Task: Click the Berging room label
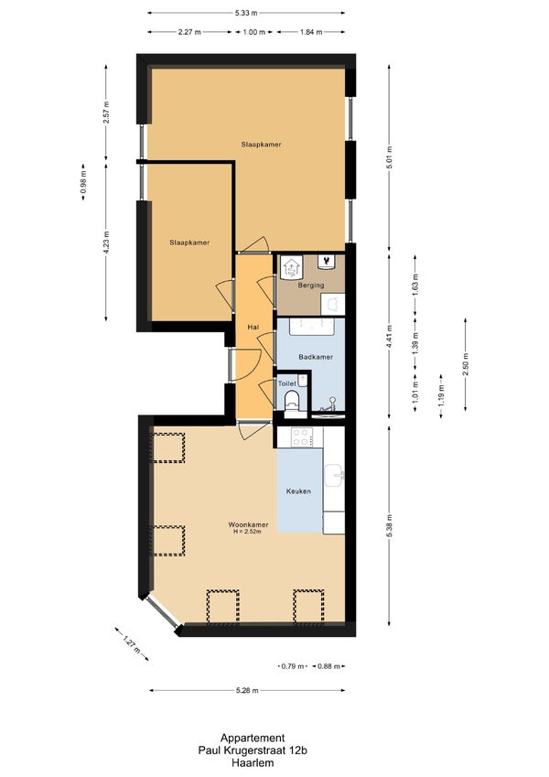311,286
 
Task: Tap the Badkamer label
316,357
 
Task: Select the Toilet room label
287,383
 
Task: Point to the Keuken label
299,491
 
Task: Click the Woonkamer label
248,524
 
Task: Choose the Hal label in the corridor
253,328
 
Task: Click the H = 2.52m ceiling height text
247,532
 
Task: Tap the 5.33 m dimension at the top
246,13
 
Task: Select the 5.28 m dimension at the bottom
248,690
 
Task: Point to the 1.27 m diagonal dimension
132,643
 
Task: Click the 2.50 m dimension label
466,365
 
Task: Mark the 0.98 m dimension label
83,182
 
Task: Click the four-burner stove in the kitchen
300,437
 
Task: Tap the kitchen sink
335,475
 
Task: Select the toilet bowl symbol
291,400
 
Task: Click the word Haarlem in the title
253,763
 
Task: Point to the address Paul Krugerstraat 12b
253,750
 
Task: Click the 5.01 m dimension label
390,157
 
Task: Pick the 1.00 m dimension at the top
253,32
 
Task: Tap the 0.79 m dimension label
292,666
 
